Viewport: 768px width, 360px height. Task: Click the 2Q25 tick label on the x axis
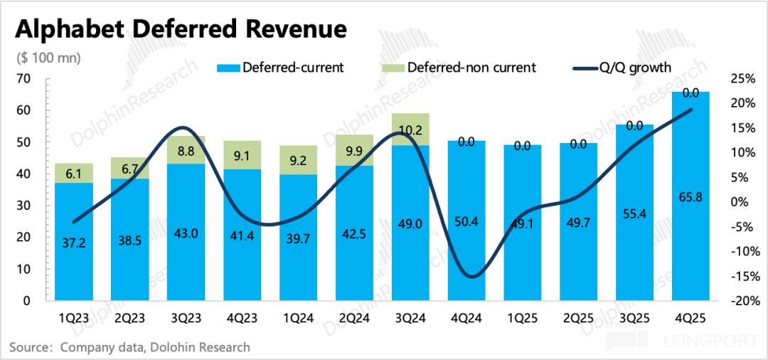578,318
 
